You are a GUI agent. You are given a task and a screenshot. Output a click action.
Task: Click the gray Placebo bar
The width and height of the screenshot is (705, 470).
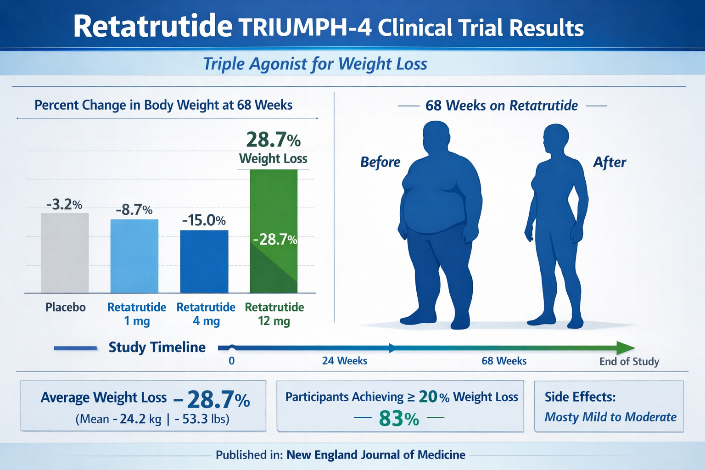pos(65,253)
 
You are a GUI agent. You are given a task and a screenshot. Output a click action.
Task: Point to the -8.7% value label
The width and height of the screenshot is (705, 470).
pos(134,210)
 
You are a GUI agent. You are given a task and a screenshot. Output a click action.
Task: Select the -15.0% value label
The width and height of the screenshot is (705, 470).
pos(204,221)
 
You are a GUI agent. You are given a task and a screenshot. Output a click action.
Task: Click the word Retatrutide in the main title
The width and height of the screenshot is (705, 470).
pos(152,27)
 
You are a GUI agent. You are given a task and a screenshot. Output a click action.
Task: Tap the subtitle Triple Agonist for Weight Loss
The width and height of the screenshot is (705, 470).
pos(315,64)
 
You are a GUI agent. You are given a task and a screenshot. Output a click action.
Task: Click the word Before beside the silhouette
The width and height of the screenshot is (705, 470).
pos(380,162)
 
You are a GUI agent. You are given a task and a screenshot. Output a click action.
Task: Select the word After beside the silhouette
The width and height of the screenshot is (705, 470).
pos(610,162)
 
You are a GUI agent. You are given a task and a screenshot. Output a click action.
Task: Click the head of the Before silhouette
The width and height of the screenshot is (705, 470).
pos(436,137)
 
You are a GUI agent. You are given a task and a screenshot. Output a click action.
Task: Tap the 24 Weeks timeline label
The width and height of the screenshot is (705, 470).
pos(344,361)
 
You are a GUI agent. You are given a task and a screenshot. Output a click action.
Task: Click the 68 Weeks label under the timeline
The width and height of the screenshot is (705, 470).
pos(504,361)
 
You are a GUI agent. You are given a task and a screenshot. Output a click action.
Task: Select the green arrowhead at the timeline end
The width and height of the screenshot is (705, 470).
pos(625,348)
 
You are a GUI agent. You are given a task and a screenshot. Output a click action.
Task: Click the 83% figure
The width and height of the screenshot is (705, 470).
pos(399,419)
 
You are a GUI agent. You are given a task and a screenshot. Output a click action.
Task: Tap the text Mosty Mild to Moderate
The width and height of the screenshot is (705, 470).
pos(610,417)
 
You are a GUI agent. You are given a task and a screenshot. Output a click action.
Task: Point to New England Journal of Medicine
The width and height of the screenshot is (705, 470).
pos(375,455)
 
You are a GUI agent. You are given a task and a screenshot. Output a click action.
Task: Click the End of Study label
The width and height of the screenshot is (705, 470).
pos(629,362)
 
